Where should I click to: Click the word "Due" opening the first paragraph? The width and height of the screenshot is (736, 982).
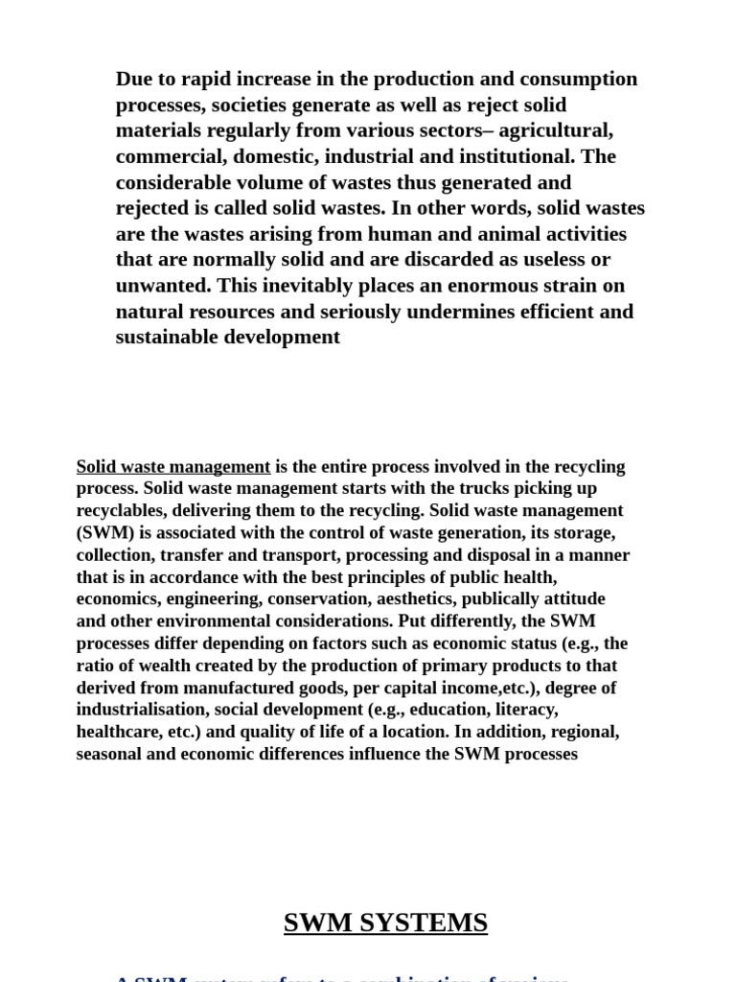pos(135,79)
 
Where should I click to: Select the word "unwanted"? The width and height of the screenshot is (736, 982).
pos(162,286)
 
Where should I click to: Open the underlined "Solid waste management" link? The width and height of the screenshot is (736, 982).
pos(173,467)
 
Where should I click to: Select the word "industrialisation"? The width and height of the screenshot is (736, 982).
pos(141,710)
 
